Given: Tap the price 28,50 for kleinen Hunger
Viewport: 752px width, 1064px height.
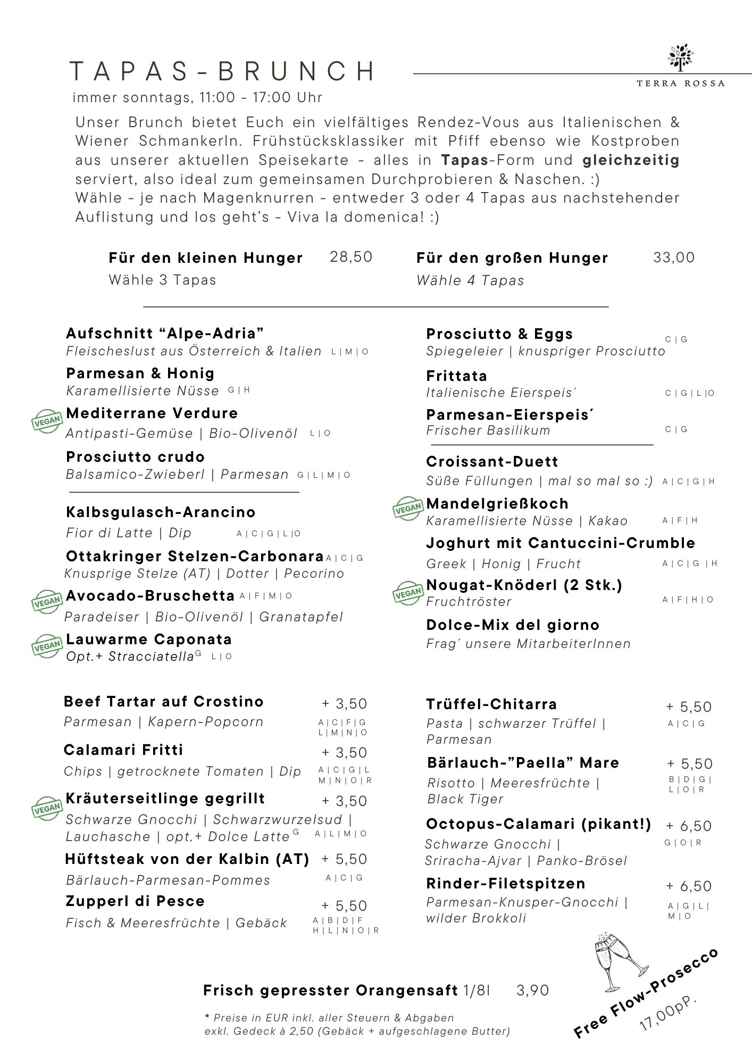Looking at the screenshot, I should [351, 257].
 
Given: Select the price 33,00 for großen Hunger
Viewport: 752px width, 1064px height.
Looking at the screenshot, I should [673, 257].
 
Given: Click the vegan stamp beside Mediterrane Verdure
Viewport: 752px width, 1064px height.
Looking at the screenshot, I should [47, 422].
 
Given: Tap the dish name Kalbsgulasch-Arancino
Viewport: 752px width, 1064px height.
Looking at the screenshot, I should [161, 512].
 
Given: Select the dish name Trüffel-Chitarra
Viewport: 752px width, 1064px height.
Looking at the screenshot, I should [491, 704].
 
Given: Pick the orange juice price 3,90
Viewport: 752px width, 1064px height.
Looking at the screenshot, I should [532, 990].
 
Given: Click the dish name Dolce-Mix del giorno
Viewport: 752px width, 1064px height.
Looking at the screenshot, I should [513, 625].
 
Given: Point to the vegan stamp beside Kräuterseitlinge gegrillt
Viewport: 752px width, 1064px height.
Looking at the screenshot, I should [47, 809].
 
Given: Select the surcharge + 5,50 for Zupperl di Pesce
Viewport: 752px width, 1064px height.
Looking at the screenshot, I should [344, 906].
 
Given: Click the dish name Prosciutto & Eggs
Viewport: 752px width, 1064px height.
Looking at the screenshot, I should [499, 334].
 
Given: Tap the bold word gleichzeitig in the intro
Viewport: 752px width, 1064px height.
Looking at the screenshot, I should [631, 160].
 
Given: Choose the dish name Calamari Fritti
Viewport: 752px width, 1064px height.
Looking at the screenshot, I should [123, 750].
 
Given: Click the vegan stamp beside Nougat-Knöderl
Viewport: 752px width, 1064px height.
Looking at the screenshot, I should [408, 593].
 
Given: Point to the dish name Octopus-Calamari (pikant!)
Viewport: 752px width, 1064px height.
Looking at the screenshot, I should [538, 824].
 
